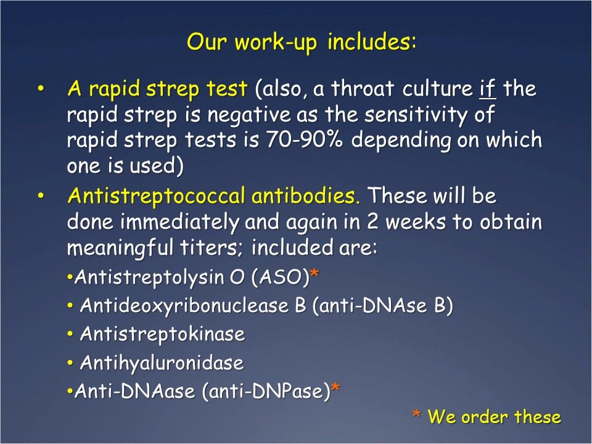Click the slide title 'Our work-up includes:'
coord(302,43)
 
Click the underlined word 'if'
coord(487,90)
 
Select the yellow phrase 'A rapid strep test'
coord(157,90)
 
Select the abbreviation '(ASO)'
coord(279,277)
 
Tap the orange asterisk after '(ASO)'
coord(314,276)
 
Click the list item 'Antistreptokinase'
coord(162,334)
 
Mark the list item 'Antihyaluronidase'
coord(162,363)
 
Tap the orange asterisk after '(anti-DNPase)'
coord(335,388)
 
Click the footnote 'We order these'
coord(494,417)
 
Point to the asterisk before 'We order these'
coord(417,416)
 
